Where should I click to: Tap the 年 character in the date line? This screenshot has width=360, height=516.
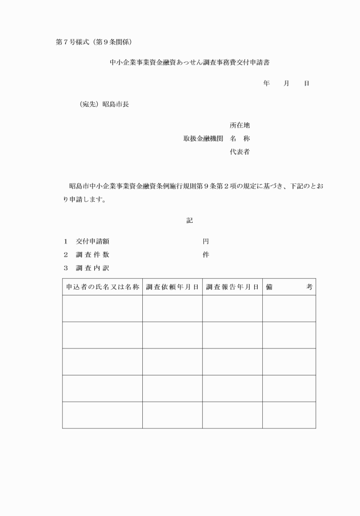coord(266,83)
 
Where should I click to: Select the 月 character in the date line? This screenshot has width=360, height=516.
coord(286,83)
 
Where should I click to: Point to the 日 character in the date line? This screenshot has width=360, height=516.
coord(306,83)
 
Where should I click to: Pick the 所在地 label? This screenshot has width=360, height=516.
coord(240,125)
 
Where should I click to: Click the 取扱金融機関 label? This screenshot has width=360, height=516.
coord(203,139)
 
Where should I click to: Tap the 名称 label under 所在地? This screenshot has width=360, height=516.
coord(240,139)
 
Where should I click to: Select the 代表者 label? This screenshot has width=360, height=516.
coord(240,153)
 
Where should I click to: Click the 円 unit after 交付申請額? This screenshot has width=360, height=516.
coord(206,241)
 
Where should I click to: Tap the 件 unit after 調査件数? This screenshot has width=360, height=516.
coord(206,255)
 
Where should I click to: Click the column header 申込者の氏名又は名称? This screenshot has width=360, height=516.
coord(102,287)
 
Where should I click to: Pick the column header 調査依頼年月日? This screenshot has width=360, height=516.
coord(172,287)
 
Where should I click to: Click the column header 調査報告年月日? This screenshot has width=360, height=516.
coord(232,287)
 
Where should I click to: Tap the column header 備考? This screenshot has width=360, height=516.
coord(289,287)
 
